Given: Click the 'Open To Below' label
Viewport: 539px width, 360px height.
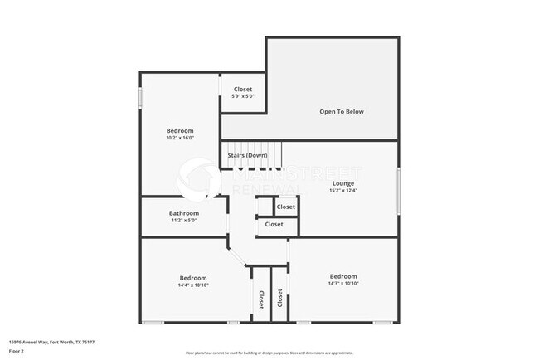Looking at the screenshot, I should click(x=342, y=111).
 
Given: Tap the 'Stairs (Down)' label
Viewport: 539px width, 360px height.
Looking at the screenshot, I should click(x=247, y=155).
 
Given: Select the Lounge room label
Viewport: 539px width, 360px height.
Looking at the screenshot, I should click(x=343, y=183).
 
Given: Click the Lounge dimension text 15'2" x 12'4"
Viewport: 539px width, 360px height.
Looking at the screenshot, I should click(x=343, y=190).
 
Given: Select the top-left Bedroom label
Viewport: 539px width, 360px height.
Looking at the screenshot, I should click(x=180, y=131).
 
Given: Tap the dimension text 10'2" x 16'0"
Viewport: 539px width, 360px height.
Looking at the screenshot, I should click(x=180, y=139).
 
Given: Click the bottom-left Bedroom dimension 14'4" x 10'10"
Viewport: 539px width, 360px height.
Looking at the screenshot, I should click(x=193, y=285).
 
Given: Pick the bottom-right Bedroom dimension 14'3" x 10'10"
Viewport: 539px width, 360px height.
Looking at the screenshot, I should click(x=342, y=284).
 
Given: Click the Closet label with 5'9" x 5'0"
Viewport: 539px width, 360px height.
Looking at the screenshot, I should click(x=243, y=89).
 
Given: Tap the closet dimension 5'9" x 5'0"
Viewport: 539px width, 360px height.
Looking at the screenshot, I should click(x=243, y=96).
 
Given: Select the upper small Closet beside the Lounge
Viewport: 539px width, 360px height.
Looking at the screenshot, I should click(x=286, y=207).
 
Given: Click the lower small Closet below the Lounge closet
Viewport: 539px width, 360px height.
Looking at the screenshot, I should click(x=274, y=224).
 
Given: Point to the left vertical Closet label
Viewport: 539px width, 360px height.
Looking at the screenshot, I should click(x=260, y=299).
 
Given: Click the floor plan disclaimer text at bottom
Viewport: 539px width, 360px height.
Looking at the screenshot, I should click(x=269, y=353).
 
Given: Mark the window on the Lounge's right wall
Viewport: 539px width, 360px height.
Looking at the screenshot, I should click(x=398, y=189).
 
